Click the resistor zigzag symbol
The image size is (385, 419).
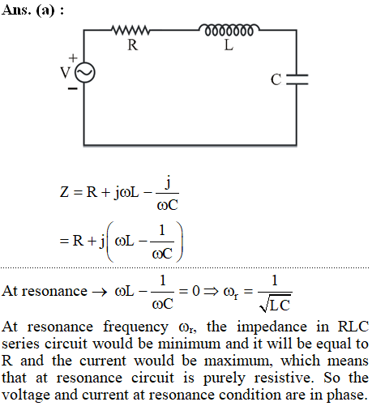point(130,30)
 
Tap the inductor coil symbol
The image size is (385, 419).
point(229,29)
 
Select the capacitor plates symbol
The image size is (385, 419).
point(297,79)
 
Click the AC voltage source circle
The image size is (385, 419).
point(85,72)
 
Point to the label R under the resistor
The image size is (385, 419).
point(133,45)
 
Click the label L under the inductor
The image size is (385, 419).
point(229,45)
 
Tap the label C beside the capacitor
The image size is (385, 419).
point(276,79)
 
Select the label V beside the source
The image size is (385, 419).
point(66,72)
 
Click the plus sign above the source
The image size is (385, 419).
point(73,58)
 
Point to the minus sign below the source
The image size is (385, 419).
point(72,88)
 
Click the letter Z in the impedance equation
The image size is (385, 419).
point(64,192)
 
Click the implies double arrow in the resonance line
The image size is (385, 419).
point(211,291)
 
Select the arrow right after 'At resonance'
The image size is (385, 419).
point(100,292)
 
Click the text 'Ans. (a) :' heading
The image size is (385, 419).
point(32,11)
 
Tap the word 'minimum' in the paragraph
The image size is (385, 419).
point(190,344)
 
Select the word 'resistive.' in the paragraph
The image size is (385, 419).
point(284,378)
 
